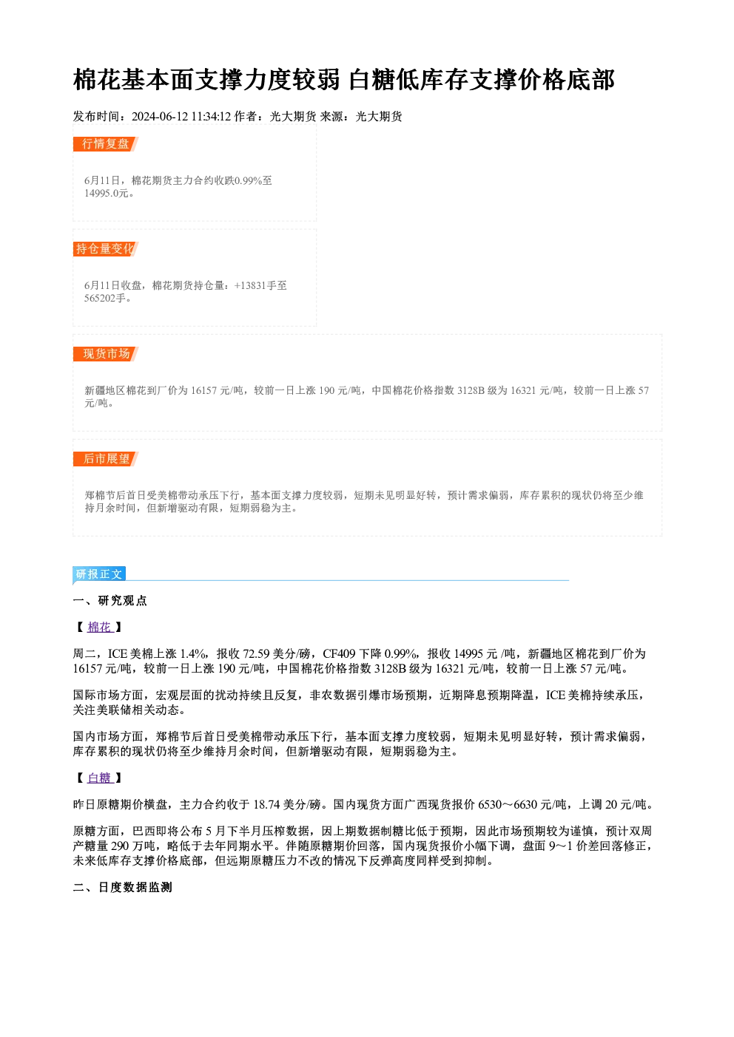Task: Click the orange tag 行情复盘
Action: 106,144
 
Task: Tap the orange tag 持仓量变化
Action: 106,249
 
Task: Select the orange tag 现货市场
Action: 106,354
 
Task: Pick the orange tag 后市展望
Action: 106,459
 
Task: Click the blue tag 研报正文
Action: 99,574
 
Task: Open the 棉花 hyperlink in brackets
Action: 100,628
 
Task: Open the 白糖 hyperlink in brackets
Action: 100,778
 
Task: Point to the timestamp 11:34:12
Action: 212,117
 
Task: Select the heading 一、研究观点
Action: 110,601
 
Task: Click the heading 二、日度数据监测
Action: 122,888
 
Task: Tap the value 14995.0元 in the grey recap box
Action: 107,194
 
